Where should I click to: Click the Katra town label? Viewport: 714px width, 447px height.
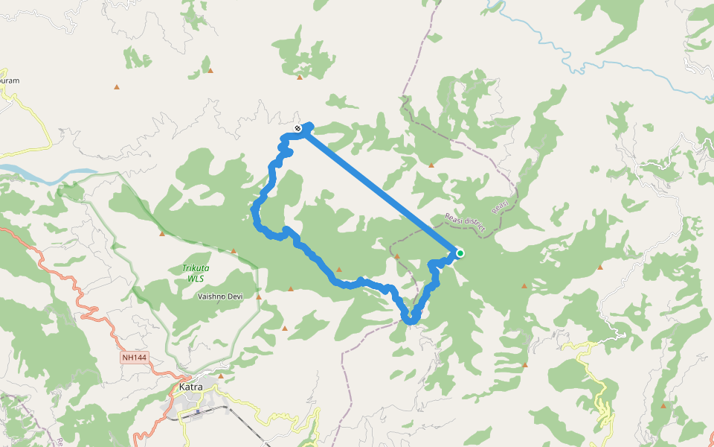coord(190,387)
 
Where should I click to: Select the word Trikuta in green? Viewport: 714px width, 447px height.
coord(196,268)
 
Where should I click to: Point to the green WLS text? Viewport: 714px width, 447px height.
coord(196,278)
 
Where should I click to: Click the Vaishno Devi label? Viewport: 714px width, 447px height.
coord(220,297)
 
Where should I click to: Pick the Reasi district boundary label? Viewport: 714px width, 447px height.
coord(464,223)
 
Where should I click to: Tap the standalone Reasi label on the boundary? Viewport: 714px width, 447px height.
coord(500,205)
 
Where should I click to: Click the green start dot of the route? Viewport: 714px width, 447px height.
coord(460,253)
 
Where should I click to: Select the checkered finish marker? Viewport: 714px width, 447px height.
coord(297,128)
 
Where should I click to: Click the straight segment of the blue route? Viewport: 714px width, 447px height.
coord(379,191)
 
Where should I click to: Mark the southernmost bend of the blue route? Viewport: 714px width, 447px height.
coord(410,321)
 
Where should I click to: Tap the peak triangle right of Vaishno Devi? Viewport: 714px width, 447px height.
coord(259,297)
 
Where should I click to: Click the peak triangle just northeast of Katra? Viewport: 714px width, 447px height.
coord(221,375)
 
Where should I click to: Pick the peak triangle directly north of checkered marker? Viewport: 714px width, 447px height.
coord(299,77)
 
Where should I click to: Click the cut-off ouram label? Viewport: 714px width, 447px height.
coord(9,79)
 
